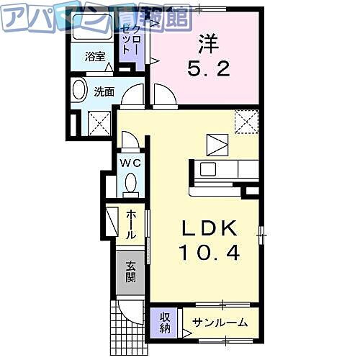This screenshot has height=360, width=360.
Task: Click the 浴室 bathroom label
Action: tap(94, 56)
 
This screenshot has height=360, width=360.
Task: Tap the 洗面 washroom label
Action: tap(105, 91)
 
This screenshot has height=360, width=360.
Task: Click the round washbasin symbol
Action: tap(80, 91)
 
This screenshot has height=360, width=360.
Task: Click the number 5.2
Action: tap(204, 71)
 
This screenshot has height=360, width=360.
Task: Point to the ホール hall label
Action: tap(131, 225)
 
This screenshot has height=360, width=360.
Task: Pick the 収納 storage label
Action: tap(165, 323)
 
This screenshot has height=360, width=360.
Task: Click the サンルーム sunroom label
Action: tap(220, 323)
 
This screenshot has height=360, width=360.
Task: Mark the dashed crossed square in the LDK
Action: tap(246, 120)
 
